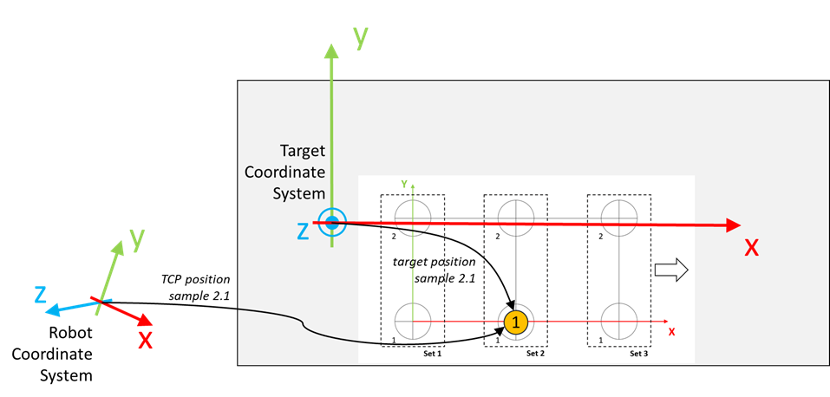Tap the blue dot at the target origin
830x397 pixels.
click(x=331, y=223)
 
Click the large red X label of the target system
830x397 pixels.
click(x=752, y=247)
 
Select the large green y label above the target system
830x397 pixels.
click(x=361, y=38)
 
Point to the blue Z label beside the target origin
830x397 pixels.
click(x=303, y=231)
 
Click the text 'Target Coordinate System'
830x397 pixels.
click(x=298, y=172)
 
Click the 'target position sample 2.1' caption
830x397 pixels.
click(x=434, y=270)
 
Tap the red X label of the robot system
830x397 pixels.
click(x=145, y=339)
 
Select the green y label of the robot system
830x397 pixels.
click(x=138, y=240)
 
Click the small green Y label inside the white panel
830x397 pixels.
click(x=404, y=185)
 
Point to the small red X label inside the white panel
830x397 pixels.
click(x=672, y=332)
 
